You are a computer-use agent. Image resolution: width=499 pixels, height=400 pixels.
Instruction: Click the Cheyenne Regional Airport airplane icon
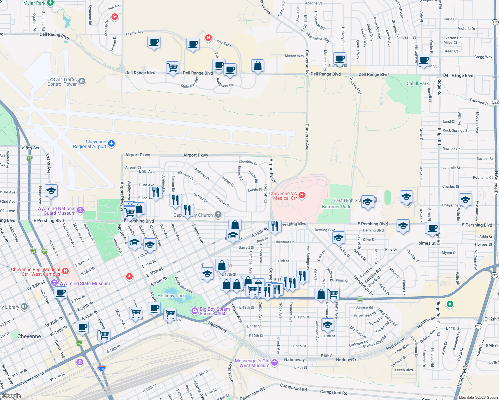pyautogui.click(x=111, y=144)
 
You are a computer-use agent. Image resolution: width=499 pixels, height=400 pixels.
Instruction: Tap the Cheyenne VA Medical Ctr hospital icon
pyautogui.click(x=302, y=195)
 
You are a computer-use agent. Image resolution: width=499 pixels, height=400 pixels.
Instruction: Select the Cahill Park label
pyautogui.click(x=417, y=83)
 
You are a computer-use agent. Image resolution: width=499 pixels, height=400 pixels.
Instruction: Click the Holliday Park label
pyautogui.click(x=171, y=296)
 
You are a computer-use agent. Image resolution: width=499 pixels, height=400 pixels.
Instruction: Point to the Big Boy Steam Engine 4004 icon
pyautogui.click(x=194, y=311)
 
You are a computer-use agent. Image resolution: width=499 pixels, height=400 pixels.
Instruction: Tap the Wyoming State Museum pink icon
pyautogui.click(x=54, y=283)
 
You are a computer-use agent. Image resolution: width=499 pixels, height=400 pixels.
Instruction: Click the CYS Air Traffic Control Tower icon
pyautogui.click(x=82, y=81)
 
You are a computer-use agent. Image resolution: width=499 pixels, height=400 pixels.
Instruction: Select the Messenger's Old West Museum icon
pyautogui.click(x=274, y=362)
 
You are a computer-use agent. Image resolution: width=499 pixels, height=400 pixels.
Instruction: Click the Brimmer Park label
pyautogui.click(x=336, y=207)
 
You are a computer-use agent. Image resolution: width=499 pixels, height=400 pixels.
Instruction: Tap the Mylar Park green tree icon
pyautogui.click(x=50, y=3)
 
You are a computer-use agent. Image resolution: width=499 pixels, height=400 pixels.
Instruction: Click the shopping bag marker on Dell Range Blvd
pyautogui.click(x=258, y=66)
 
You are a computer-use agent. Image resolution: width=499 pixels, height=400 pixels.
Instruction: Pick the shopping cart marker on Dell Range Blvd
pyautogui.click(x=172, y=68)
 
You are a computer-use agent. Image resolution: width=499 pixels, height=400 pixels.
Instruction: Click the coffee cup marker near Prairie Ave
pyautogui.click(x=154, y=42)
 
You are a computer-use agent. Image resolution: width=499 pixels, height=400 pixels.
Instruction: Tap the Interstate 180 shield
pyautogui.click(x=102, y=368)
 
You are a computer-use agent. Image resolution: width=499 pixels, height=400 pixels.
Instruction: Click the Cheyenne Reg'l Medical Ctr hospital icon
pyautogui.click(x=65, y=271)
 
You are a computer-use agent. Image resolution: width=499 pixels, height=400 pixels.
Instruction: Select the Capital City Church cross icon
pyautogui.click(x=218, y=215)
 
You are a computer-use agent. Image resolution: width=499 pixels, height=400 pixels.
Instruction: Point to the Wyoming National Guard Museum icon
pyautogui.click(x=80, y=210)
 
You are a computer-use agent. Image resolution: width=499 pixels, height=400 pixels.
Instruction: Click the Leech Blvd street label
pyautogui.click(x=404, y=370)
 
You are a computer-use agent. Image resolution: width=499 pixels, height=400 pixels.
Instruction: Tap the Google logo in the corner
pyautogui.click(x=11, y=396)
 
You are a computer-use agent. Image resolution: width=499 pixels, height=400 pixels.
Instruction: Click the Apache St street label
pyautogui.click(x=313, y=3)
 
